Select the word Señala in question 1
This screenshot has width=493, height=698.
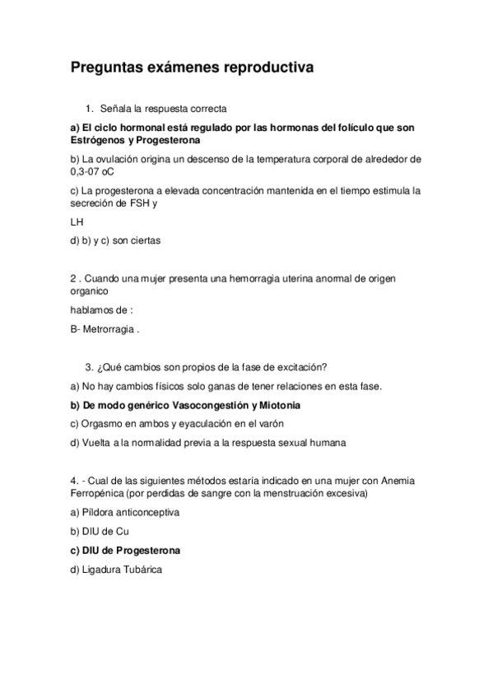pos(114,108)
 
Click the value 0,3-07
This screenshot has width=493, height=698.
pos(90,172)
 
